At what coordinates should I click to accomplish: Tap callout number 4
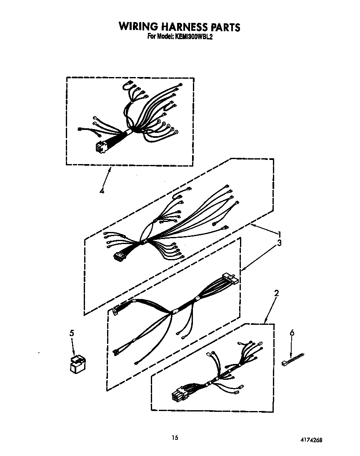coord(101,191)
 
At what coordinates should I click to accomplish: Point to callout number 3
coord(280,242)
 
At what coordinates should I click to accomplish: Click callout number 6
coord(292,333)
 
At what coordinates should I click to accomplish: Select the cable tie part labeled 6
coord(293,358)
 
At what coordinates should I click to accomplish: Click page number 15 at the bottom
coord(175,437)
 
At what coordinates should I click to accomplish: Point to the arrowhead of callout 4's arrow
coord(110,168)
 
